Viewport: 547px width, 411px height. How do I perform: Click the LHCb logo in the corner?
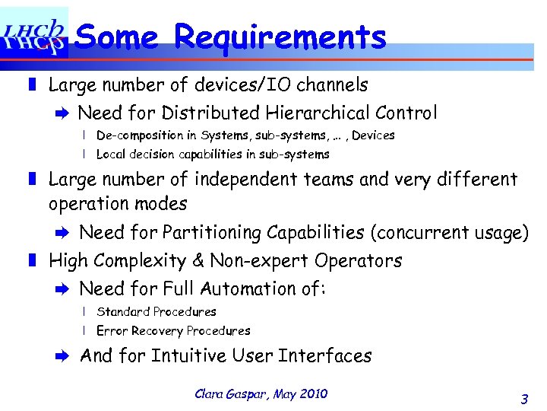pyautogui.click(x=34, y=33)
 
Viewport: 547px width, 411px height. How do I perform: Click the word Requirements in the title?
pyautogui.click(x=280, y=36)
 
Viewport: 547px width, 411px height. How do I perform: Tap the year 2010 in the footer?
pyautogui.click(x=313, y=393)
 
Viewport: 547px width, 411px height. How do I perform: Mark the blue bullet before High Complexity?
pyautogui.click(x=32, y=260)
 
